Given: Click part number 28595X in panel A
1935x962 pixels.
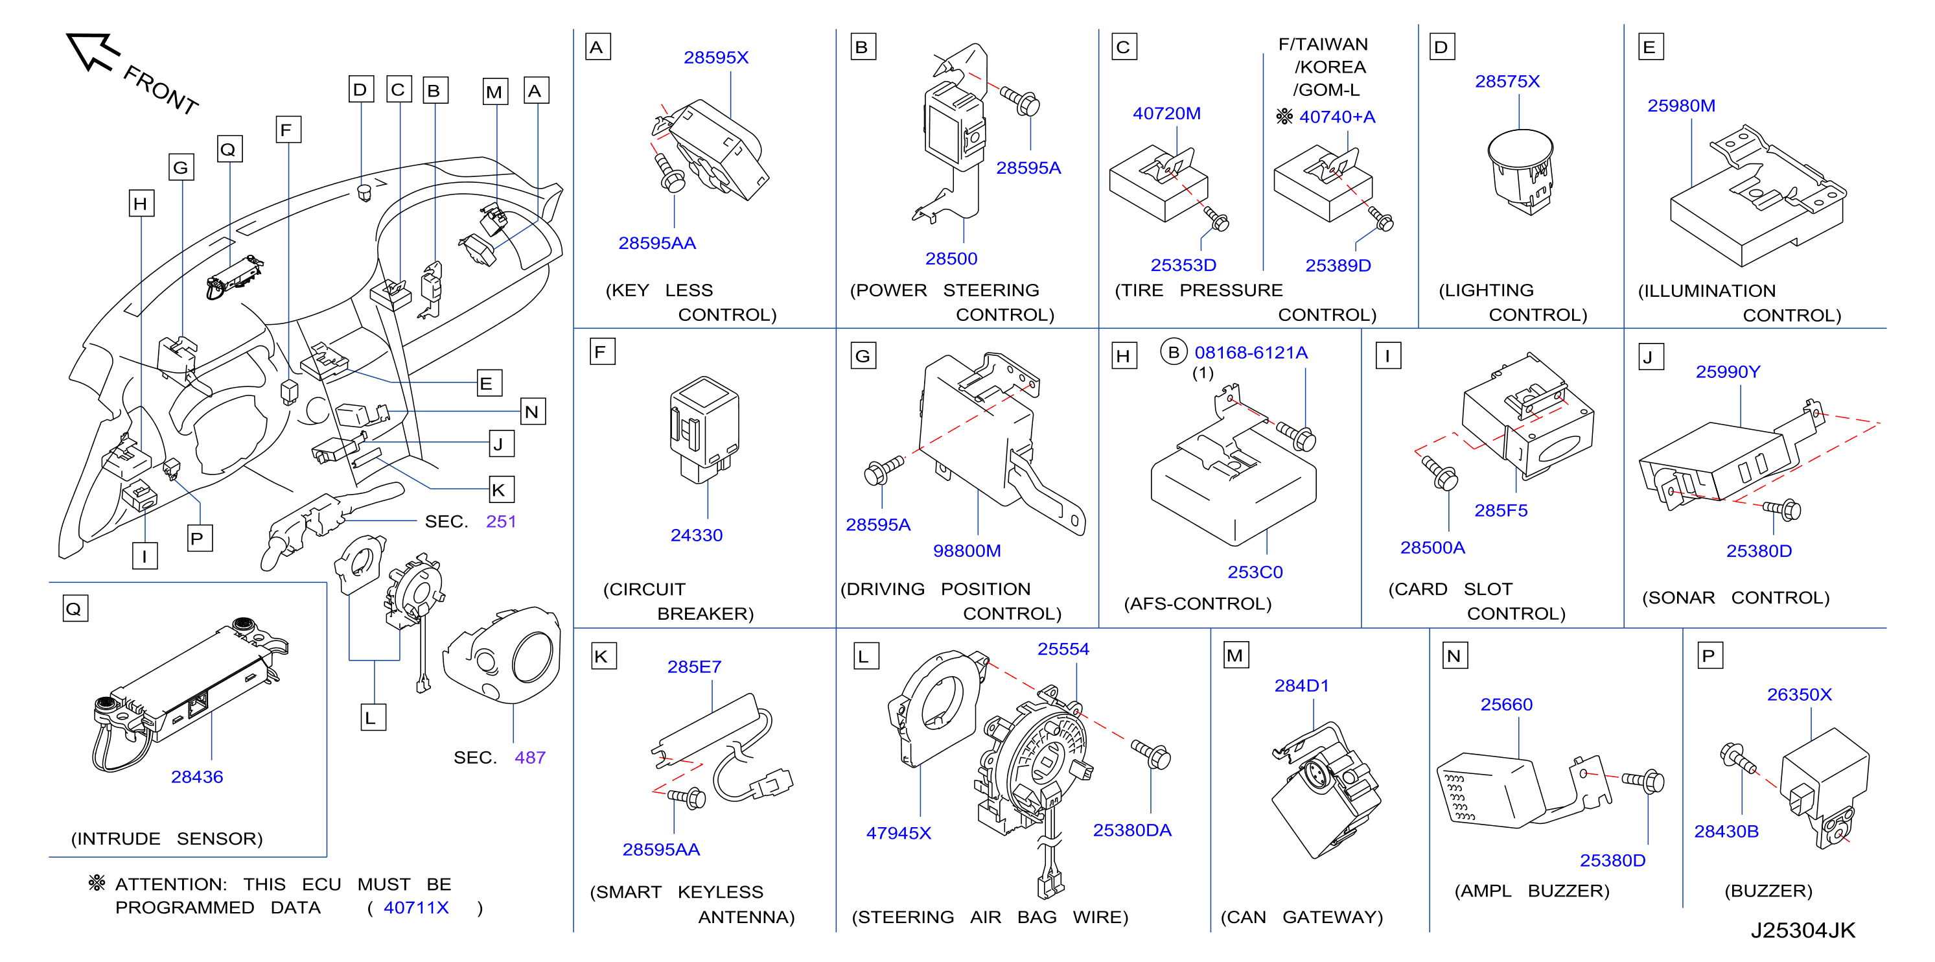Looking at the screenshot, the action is [716, 58].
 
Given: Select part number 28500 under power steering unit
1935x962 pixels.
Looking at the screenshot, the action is [951, 259].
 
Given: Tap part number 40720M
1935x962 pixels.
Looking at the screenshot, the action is [1166, 113].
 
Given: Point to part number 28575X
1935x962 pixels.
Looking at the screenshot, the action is [1507, 81].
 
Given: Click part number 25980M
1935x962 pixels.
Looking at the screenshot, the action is [1681, 106].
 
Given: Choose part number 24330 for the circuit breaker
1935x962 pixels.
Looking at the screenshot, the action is [697, 535].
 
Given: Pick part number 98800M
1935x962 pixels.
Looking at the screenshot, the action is [967, 551].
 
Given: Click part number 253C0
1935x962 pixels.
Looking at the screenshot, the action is [1255, 572].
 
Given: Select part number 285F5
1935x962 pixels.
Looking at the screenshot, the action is [1501, 510].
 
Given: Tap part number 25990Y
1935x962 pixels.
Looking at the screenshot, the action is [1728, 372].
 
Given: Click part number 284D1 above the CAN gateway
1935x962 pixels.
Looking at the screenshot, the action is [1302, 685].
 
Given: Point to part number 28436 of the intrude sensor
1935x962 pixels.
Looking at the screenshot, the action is [197, 777].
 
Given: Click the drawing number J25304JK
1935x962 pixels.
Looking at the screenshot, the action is [1803, 930].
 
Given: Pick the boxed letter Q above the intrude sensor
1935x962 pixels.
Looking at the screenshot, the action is [75, 608].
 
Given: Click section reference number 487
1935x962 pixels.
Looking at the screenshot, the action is [529, 758].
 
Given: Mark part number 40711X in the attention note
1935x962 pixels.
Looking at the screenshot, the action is [416, 908].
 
